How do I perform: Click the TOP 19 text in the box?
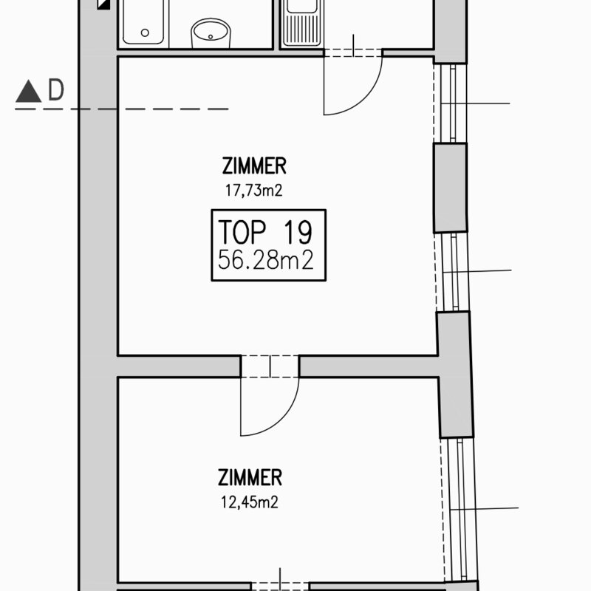(265, 232)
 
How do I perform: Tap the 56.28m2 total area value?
(266, 260)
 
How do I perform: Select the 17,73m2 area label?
(253, 191)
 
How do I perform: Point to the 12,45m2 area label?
(250, 502)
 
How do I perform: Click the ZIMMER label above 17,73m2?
(254, 165)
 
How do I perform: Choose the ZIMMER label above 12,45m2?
(250, 477)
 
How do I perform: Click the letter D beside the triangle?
(56, 89)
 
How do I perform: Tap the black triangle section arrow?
(28, 91)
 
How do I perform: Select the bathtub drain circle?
(145, 33)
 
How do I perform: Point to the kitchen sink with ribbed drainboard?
(304, 23)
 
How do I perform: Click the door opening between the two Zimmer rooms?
(270, 366)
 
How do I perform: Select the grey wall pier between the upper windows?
(450, 188)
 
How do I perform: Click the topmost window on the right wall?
(450, 103)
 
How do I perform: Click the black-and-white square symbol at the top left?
(103, 4)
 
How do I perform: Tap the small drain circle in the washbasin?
(211, 37)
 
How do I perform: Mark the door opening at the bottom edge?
(280, 587)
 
